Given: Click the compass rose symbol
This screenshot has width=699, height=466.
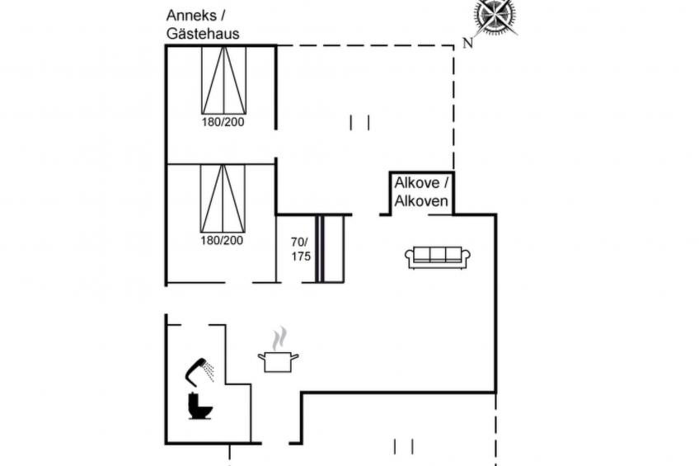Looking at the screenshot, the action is (x=496, y=16).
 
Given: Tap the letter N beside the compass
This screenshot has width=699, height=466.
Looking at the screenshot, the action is (x=467, y=43).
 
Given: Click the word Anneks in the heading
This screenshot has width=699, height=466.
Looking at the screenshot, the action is (x=191, y=15).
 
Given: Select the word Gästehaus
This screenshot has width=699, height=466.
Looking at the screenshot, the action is (x=203, y=34).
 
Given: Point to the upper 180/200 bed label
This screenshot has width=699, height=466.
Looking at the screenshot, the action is (x=223, y=122).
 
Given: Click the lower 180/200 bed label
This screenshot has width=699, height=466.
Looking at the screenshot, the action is (x=222, y=240).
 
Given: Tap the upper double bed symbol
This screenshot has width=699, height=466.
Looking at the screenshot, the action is (x=223, y=80).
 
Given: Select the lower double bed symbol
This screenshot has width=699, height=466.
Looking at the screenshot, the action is (x=223, y=199).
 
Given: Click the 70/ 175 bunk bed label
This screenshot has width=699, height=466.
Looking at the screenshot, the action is (x=301, y=249).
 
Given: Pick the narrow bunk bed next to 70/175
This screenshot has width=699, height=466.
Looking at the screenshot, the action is (x=331, y=249).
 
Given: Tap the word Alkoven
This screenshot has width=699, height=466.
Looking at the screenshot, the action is (x=421, y=201).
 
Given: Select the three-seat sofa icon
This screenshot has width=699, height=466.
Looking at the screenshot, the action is (x=438, y=258).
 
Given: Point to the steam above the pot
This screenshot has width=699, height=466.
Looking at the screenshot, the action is (x=279, y=338).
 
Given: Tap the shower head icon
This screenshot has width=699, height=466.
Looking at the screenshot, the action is (x=195, y=372).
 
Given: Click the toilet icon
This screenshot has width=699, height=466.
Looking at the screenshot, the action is (x=199, y=406).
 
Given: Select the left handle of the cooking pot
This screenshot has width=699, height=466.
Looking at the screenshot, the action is (x=261, y=356).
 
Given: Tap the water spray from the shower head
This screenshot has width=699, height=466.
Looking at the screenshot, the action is (x=209, y=372).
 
